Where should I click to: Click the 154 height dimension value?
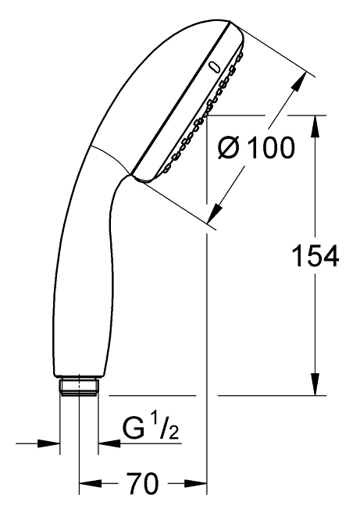pyautogui.click(x=315, y=255)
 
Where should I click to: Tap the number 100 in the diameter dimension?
pyautogui.click(x=271, y=148)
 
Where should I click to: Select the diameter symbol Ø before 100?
pyautogui.click(x=229, y=148)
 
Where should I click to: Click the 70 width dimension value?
pyautogui.click(x=142, y=483)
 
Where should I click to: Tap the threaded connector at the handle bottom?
pyautogui.click(x=79, y=386)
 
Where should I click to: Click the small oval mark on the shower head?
pyautogui.click(x=214, y=67)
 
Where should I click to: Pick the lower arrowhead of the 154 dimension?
pyautogui.click(x=315, y=384)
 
